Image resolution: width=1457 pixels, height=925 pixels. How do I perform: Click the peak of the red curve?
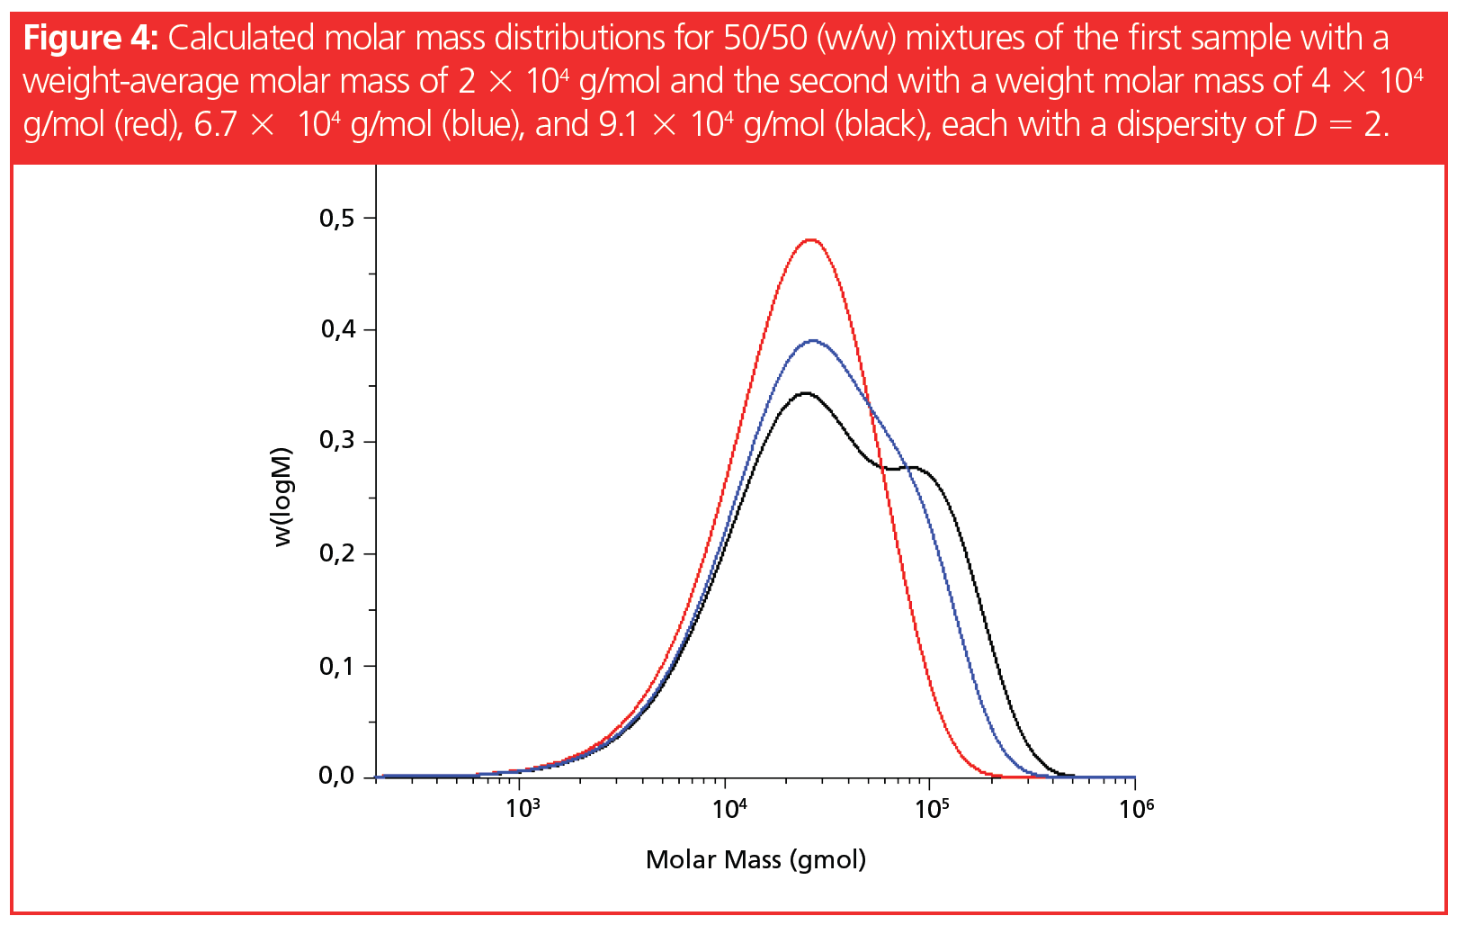click(811, 240)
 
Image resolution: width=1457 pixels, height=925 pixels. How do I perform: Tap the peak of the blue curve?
click(813, 341)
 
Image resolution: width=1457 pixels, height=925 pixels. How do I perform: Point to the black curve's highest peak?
click(805, 393)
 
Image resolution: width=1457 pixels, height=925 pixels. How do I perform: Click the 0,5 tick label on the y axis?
click(336, 219)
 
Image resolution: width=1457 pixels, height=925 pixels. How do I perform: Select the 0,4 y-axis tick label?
click(337, 330)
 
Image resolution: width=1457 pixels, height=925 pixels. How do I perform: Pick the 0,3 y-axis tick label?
click(336, 441)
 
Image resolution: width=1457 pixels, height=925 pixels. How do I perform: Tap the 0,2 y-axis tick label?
click(336, 553)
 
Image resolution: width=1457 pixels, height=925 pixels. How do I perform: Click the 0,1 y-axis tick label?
click(336, 666)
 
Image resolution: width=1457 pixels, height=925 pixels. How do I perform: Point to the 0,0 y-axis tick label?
click(336, 776)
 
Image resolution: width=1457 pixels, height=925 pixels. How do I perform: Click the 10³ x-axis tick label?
click(523, 808)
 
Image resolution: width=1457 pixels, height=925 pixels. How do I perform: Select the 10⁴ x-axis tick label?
click(728, 808)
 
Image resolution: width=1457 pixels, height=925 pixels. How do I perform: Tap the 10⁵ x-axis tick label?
click(932, 808)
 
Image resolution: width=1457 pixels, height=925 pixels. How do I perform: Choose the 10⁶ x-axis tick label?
click(1136, 808)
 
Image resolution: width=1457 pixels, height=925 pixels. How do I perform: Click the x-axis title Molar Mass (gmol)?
click(755, 860)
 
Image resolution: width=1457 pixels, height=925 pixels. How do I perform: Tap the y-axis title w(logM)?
click(284, 496)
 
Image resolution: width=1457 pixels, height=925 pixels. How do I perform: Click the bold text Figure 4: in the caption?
click(90, 39)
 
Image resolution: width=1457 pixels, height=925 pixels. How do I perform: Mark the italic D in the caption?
click(1305, 124)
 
